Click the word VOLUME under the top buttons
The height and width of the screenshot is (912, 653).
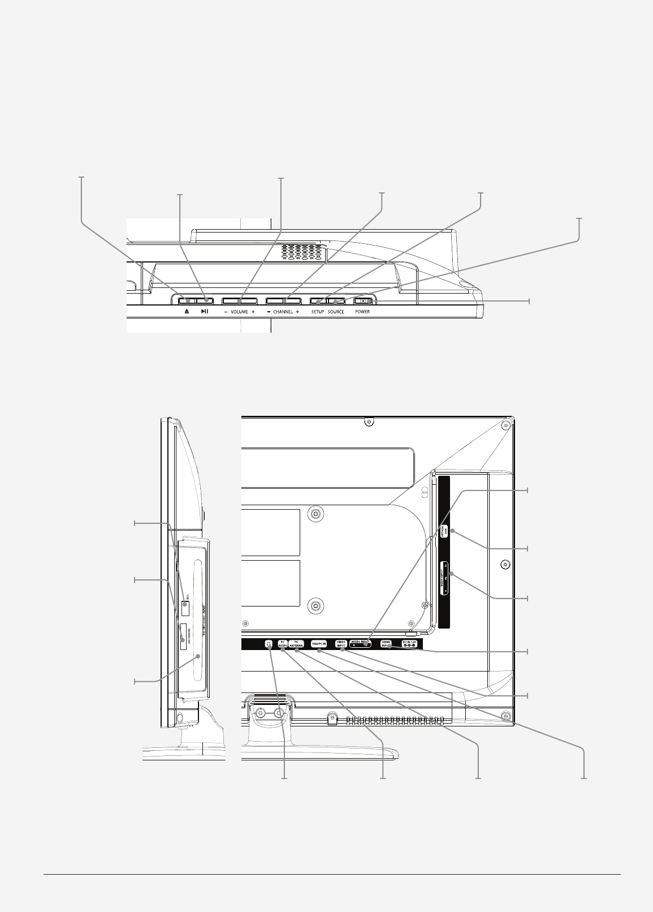pyautogui.click(x=239, y=312)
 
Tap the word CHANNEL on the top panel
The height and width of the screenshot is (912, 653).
pyautogui.click(x=283, y=312)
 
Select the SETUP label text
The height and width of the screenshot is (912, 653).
pyautogui.click(x=317, y=312)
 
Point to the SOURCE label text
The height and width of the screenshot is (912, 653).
pyautogui.click(x=336, y=312)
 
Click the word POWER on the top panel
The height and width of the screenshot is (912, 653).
pyautogui.click(x=362, y=312)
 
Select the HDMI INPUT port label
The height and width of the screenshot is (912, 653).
pyautogui.click(x=386, y=644)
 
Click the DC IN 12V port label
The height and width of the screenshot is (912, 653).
pyautogui.click(x=409, y=644)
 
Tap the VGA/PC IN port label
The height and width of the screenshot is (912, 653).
pyautogui.click(x=319, y=644)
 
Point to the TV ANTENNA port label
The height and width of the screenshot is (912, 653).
pyautogui.click(x=296, y=644)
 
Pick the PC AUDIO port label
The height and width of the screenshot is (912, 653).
pyautogui.click(x=283, y=644)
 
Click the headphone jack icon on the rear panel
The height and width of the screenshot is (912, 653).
pyautogui.click(x=269, y=644)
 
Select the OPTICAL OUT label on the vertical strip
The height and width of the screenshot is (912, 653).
pyautogui.click(x=445, y=531)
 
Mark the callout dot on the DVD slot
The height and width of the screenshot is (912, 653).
pyautogui.click(x=198, y=656)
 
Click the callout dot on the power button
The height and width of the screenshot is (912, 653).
pyautogui.click(x=370, y=301)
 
